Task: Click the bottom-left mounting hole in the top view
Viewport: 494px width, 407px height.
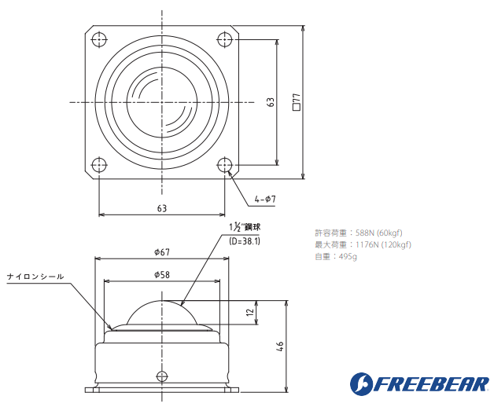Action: click(x=98, y=166)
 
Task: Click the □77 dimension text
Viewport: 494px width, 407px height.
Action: click(x=297, y=102)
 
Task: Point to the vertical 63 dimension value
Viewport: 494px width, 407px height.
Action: click(x=270, y=102)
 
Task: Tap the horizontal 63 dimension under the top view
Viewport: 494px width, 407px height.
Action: click(x=162, y=208)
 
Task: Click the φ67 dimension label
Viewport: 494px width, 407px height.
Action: click(x=162, y=252)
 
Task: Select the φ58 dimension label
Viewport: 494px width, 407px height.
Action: click(x=162, y=274)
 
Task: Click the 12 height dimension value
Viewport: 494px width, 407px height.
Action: click(x=249, y=313)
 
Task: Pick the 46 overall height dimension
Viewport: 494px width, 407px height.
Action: click(x=280, y=346)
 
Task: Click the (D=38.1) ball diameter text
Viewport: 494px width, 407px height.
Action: click(x=245, y=241)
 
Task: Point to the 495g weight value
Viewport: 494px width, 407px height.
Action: click(x=348, y=256)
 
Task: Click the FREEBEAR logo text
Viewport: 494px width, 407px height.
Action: click(x=429, y=384)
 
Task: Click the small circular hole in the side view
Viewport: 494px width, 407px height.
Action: click(x=162, y=375)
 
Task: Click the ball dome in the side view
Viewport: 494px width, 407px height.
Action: click(x=162, y=313)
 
